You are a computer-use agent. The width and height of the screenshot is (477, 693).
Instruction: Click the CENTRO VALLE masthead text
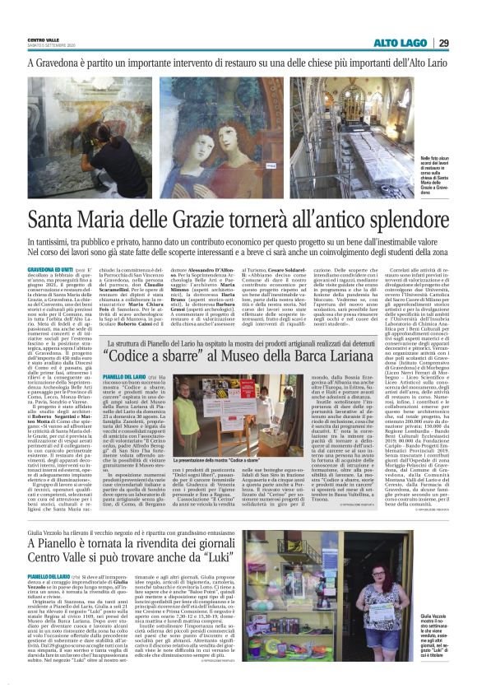(42, 40)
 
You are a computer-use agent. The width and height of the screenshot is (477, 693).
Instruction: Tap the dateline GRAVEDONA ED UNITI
(49, 268)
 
